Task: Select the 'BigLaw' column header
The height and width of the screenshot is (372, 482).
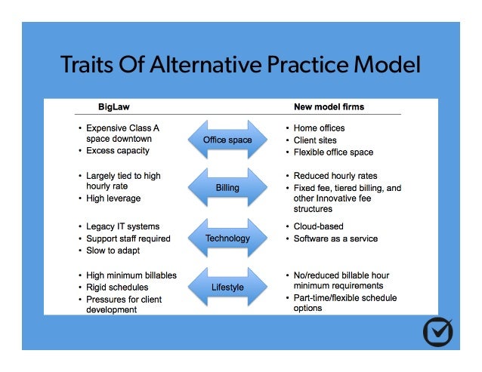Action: point(114,107)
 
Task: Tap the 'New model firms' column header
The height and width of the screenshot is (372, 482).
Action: point(329,107)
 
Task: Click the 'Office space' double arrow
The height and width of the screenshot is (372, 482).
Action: point(227,140)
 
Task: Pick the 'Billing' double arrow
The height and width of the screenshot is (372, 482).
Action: point(227,188)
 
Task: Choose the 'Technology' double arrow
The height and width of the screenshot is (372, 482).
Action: point(227,238)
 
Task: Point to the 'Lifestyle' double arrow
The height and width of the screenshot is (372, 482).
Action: point(227,287)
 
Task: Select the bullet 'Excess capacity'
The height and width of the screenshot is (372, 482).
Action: point(117,151)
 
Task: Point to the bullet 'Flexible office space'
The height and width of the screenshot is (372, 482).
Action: point(334,152)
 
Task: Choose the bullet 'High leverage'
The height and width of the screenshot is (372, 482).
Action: point(113,198)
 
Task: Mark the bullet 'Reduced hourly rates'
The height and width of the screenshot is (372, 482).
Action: point(335,176)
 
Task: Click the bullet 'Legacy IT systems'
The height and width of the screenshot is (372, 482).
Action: point(122,226)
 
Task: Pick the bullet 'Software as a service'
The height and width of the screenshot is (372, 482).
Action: point(336,238)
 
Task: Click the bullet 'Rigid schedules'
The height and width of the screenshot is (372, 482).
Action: point(117,287)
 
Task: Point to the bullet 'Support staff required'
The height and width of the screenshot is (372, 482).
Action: point(128,238)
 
